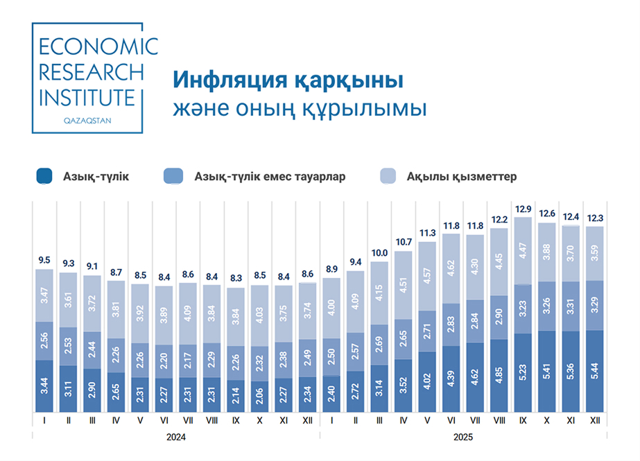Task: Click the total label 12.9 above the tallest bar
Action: (523, 209)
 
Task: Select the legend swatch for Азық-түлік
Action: (45, 177)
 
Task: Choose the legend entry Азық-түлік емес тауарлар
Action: (270, 177)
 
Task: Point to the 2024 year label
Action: (175, 437)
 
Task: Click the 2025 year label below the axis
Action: (463, 437)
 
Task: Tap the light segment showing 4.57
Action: (428, 277)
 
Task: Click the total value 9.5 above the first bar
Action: (44, 261)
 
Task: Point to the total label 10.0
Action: (380, 254)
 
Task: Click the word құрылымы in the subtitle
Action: (375, 109)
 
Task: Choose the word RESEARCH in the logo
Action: (92, 72)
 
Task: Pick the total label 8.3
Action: (236, 280)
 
